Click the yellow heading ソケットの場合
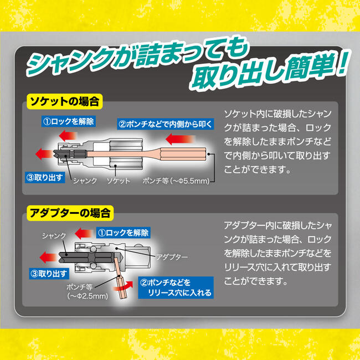[66, 102]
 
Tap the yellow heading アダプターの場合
[70, 212]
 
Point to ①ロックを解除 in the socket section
[69, 121]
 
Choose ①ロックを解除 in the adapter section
[122, 233]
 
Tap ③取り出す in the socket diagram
[45, 177]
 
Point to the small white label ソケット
[118, 181]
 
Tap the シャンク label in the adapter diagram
[54, 235]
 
